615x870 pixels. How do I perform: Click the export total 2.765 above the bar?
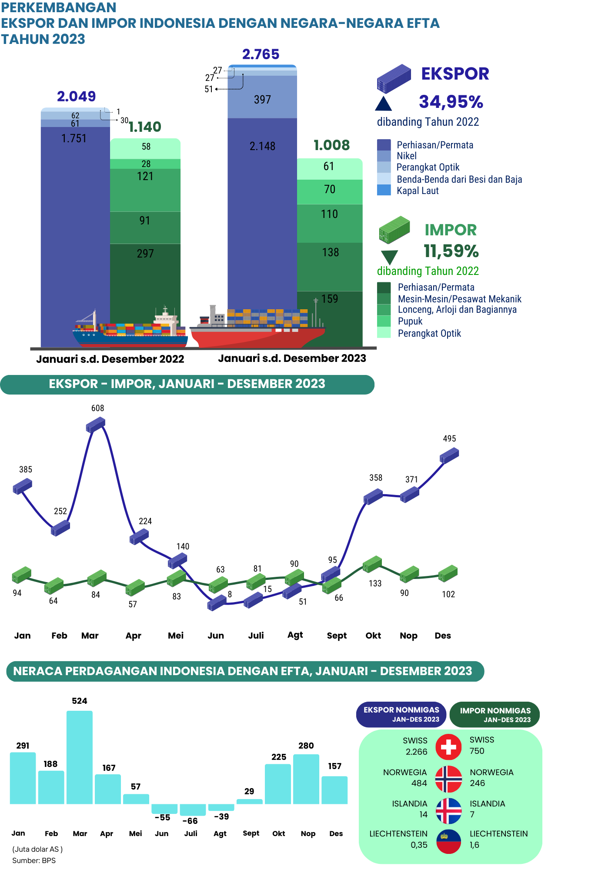click(261, 54)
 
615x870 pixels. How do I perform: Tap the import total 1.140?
click(144, 127)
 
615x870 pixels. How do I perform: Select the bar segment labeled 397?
click(262, 100)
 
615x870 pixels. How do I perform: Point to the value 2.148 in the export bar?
click(262, 147)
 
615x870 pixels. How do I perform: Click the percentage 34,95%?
click(451, 102)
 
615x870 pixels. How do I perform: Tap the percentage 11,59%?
click(451, 251)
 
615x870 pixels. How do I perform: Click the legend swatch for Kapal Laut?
click(384, 191)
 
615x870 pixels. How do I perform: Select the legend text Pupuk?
click(410, 321)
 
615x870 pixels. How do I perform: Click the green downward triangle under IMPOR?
click(389, 257)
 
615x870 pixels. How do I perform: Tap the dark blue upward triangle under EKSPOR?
click(384, 104)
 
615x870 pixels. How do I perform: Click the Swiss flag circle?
click(448, 747)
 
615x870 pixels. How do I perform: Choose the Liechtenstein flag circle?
click(448, 841)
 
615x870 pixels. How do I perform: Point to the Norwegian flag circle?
click(448, 779)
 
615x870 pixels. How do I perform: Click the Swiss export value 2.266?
click(416, 752)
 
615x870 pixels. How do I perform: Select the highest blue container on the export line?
click(96, 425)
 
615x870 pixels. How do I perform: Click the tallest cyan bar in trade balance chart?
click(79, 757)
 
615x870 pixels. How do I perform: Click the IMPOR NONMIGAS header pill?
click(495, 714)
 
